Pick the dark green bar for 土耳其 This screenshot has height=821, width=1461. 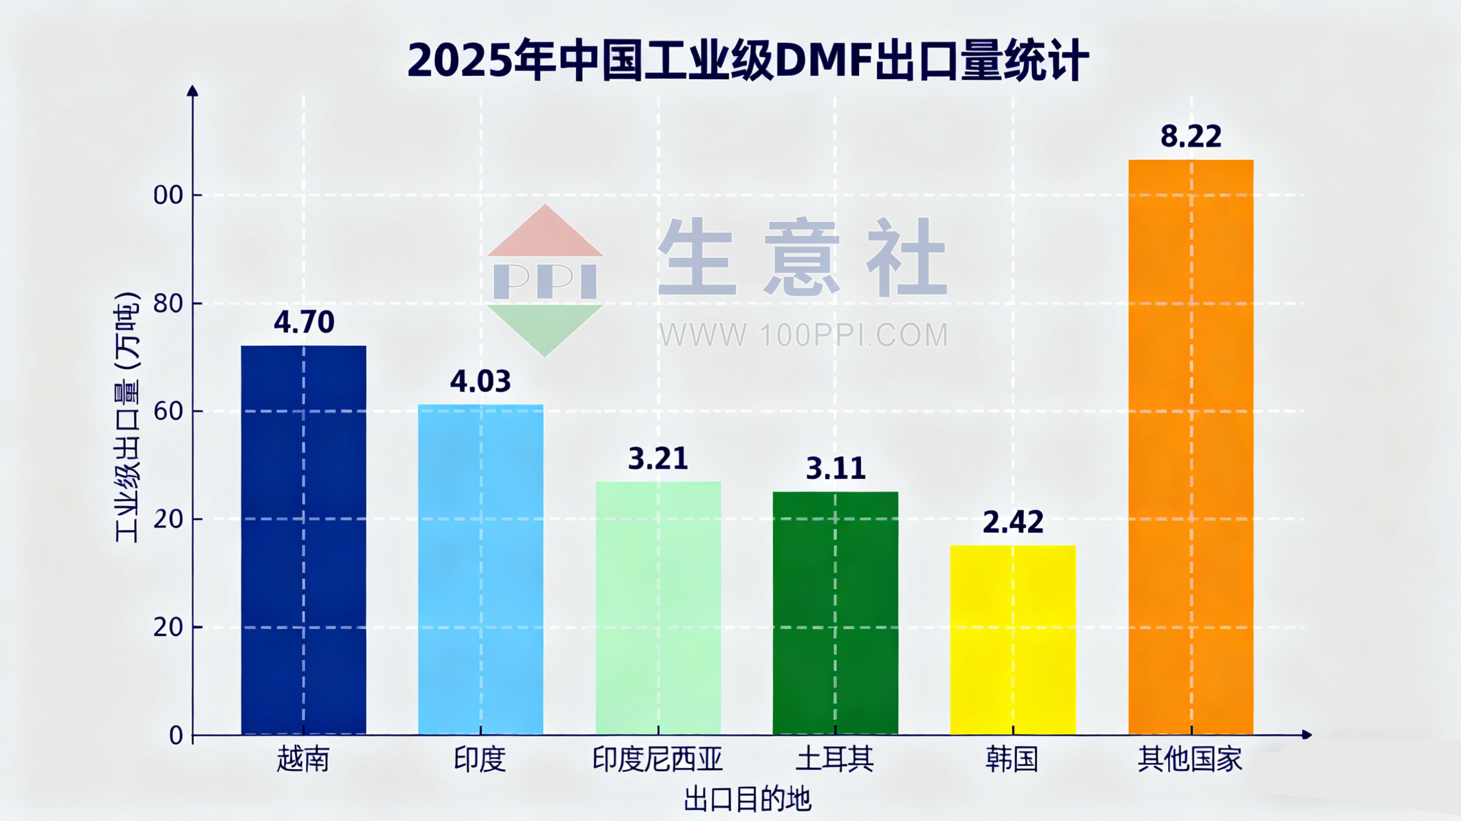tap(835, 613)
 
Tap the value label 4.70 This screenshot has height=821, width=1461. tap(304, 322)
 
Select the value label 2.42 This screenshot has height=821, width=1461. tap(1013, 522)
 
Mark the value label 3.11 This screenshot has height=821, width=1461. tap(835, 469)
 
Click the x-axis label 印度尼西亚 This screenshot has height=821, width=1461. tap(657, 758)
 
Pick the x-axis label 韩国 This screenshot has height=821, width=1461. tap(1012, 758)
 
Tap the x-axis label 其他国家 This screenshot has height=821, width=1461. tap(1190, 758)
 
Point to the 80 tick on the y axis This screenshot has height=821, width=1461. tap(168, 304)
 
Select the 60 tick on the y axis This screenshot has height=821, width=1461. tap(168, 412)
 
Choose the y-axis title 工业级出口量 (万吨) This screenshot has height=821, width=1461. tap(127, 417)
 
